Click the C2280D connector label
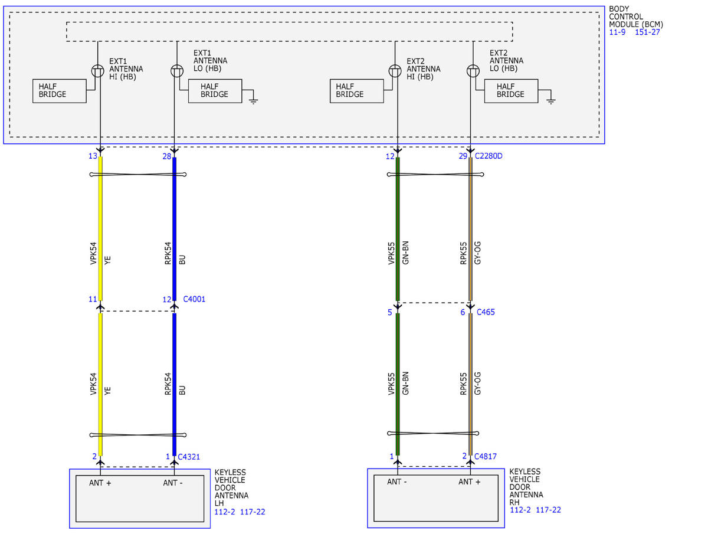tap(488, 156)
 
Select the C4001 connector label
tap(194, 299)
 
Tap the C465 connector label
tap(486, 312)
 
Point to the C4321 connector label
tap(189, 457)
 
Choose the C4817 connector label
tap(486, 457)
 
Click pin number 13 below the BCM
tap(93, 156)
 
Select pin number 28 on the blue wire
tap(167, 156)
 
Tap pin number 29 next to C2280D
tap(463, 156)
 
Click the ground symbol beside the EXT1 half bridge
tap(254, 101)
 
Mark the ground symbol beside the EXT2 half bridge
tap(550, 101)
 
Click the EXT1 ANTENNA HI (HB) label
tap(126, 69)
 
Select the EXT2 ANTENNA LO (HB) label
tap(506, 61)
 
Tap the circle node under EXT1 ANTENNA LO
tap(177, 71)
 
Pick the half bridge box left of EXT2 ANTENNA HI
tap(357, 91)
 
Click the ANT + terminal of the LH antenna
tap(100, 483)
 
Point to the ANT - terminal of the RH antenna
tap(397, 482)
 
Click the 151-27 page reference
tap(647, 32)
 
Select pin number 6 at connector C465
tap(463, 312)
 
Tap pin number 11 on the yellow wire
tap(93, 299)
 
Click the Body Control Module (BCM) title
tap(636, 17)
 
